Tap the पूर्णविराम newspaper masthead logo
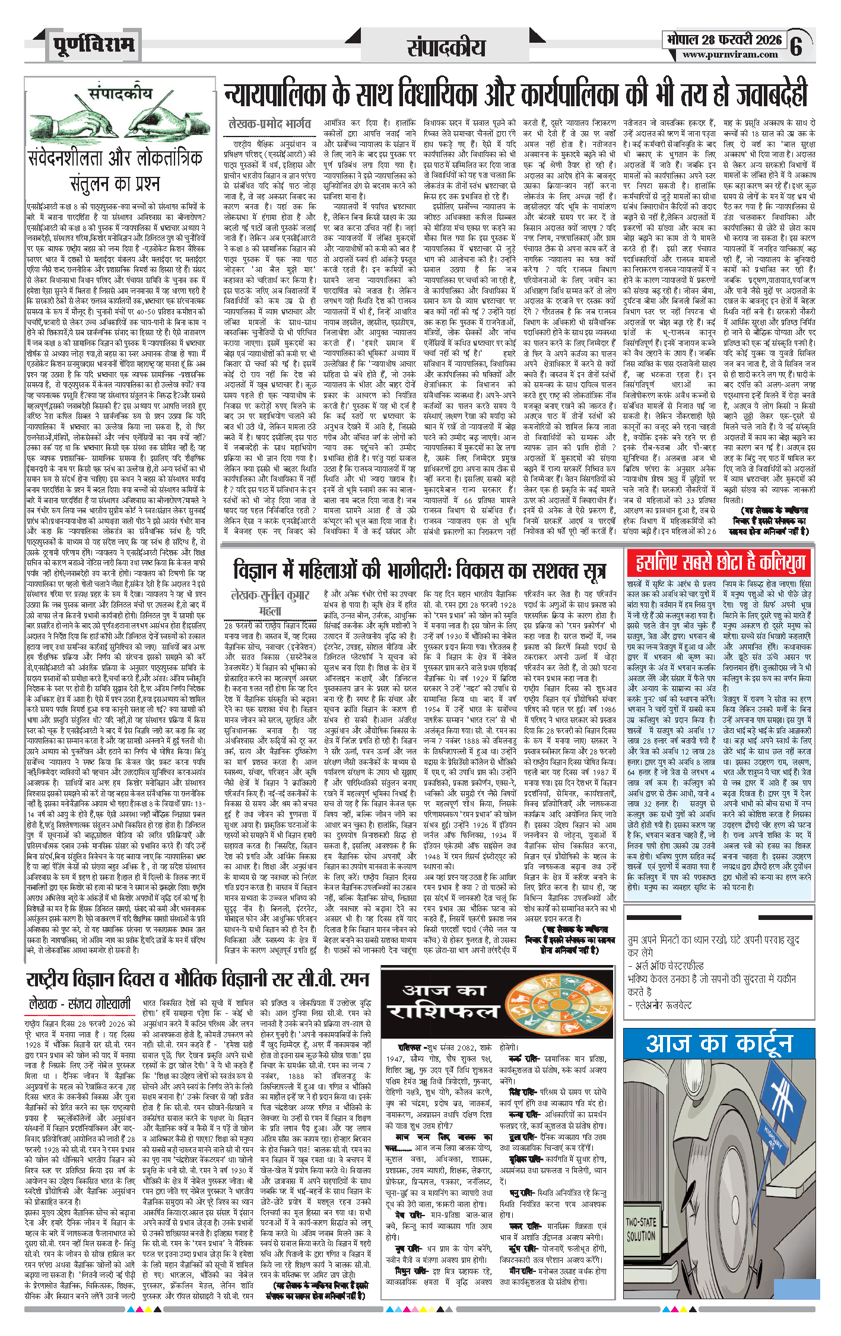point(93,45)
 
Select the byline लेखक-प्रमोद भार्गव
point(269,124)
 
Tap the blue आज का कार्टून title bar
point(719,1043)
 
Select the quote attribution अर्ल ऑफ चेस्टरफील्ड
point(669,966)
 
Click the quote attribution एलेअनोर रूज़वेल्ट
point(664,1005)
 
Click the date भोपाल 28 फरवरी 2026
point(724,40)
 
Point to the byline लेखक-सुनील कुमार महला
point(271,602)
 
